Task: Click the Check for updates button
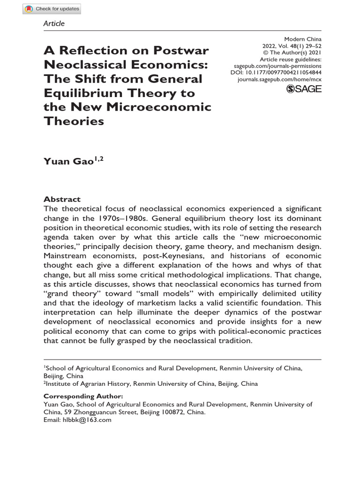tap(52, 9)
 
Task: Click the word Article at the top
tap(54, 23)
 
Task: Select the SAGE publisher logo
tap(303, 89)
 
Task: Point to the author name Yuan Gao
tap(70, 162)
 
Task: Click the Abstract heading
tap(62, 199)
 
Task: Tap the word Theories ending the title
tap(74, 121)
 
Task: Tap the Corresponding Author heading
tap(83, 397)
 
